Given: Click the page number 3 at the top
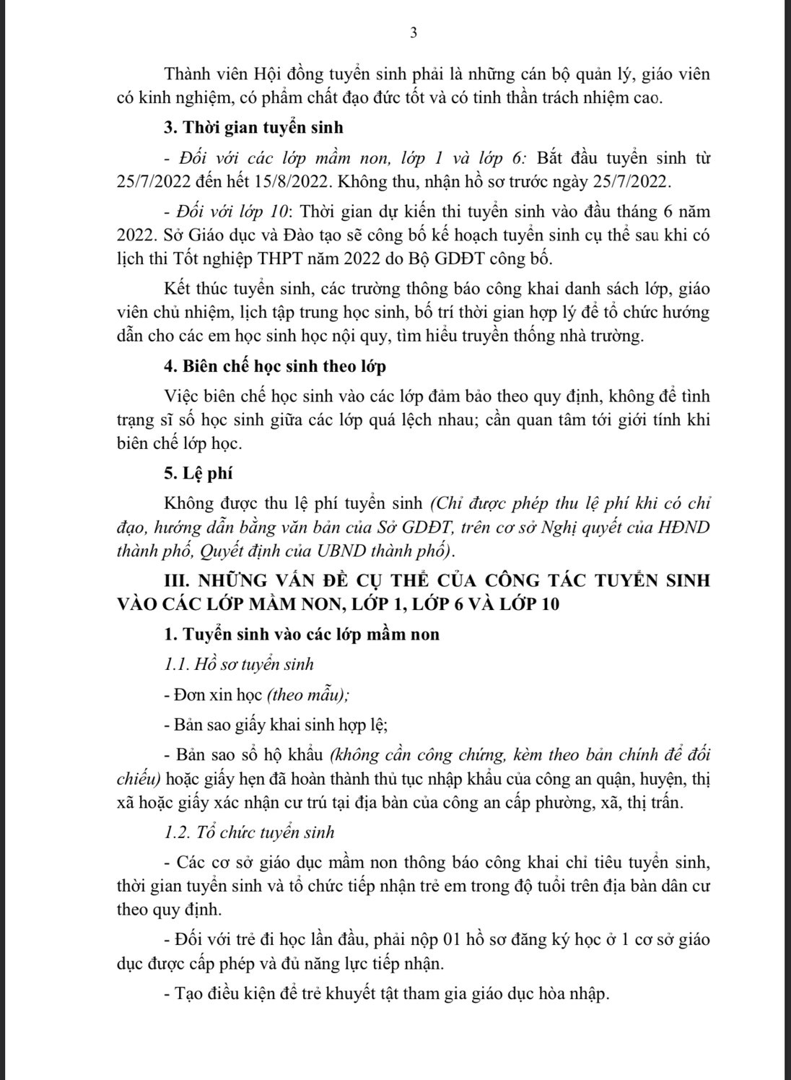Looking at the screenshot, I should (414, 32).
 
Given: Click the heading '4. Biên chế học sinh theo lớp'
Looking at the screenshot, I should (275, 366).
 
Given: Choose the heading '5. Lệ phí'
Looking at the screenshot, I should (198, 473).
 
